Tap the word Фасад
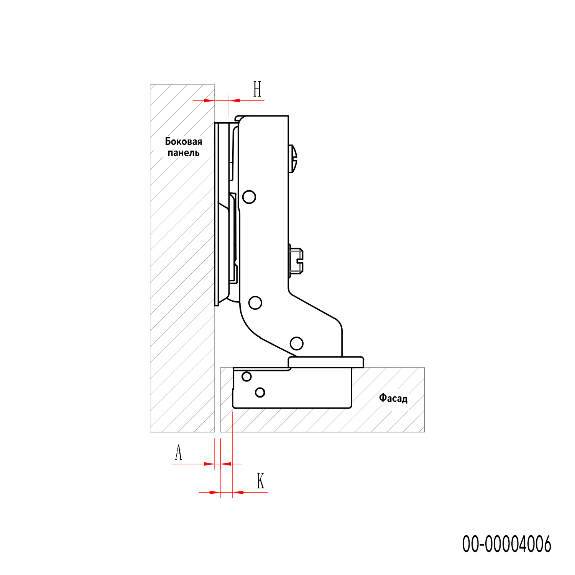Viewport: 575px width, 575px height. [x=393, y=398]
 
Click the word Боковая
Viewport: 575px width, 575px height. [x=184, y=141]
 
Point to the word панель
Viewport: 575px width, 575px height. [x=184, y=153]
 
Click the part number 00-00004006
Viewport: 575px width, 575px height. [x=506, y=544]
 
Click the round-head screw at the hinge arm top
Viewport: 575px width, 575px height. [x=293, y=159]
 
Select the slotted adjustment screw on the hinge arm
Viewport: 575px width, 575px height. [x=296, y=261]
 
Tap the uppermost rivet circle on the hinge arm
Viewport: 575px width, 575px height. [x=249, y=197]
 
